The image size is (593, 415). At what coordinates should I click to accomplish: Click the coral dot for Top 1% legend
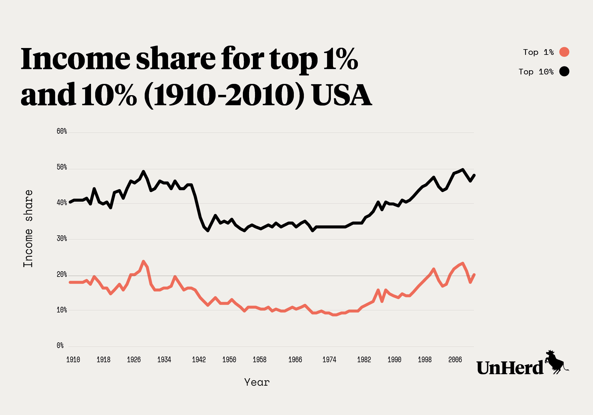coord(564,52)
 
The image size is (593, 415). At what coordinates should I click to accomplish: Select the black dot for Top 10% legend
coord(564,71)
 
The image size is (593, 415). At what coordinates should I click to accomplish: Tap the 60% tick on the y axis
coord(62,131)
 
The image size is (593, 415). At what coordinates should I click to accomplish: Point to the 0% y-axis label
coord(60,346)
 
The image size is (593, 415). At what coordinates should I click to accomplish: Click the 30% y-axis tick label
coord(62,239)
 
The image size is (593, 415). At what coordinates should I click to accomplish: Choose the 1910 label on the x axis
coord(73,360)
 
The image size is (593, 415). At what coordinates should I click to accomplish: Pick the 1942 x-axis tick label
coord(199,360)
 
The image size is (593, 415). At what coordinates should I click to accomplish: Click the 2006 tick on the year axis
coord(455,360)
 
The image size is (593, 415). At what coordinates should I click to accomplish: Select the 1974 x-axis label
coord(329,360)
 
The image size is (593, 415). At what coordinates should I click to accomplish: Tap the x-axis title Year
coord(257,382)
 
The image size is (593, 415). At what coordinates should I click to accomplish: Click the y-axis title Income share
coord(28,229)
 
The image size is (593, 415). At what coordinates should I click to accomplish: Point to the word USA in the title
coord(342,95)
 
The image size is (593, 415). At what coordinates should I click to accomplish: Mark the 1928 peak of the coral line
coord(144,261)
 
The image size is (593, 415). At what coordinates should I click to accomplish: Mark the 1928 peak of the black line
coord(144,171)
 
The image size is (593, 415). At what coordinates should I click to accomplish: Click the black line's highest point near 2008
coord(463,170)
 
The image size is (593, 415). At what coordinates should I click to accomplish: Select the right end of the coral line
coord(474,274)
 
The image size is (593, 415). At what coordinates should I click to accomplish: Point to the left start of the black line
coord(70,202)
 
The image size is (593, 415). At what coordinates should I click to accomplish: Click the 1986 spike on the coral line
coord(378,290)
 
